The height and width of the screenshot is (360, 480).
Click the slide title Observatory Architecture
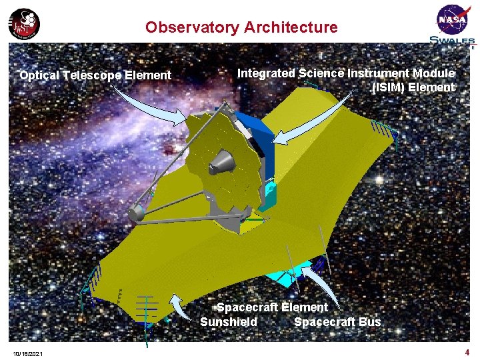point(241,27)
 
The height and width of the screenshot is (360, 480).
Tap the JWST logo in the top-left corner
point(24,25)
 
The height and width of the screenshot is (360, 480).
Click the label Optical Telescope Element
point(95,75)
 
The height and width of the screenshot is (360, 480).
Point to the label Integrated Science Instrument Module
point(346,73)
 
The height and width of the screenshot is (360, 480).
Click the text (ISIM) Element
point(413,87)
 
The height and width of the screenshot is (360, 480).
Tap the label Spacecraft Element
point(272,307)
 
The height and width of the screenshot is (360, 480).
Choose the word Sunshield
point(229,322)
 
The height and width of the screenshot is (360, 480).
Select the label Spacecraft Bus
point(337,322)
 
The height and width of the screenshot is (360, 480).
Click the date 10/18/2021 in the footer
point(27,353)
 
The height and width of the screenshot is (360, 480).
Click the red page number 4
point(467,351)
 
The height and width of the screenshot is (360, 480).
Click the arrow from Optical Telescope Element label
point(153,107)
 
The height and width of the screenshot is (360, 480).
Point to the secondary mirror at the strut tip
point(136,212)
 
